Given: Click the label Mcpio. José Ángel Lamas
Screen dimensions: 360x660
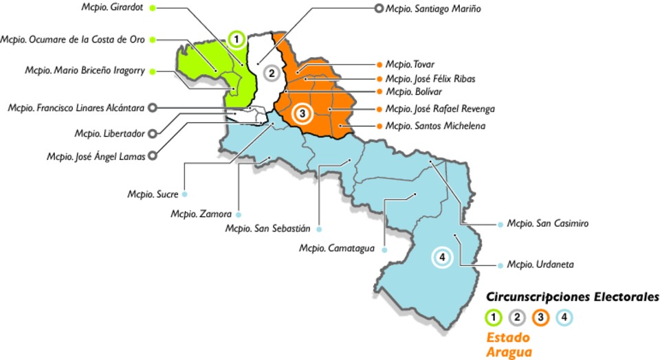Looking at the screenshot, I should pyautogui.click(x=96, y=157).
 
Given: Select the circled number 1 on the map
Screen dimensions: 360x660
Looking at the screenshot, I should pyautogui.click(x=236, y=39).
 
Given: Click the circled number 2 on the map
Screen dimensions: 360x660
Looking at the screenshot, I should pyautogui.click(x=272, y=73).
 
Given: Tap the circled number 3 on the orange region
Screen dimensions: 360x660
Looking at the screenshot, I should pyautogui.click(x=302, y=112).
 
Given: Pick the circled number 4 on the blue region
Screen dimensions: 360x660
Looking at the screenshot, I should pyautogui.click(x=442, y=257).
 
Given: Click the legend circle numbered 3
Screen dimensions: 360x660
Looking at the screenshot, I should pyautogui.click(x=540, y=317).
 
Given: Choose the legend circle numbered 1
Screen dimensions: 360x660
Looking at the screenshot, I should pyautogui.click(x=494, y=317).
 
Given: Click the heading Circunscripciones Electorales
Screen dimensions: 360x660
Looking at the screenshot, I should pyautogui.click(x=572, y=297).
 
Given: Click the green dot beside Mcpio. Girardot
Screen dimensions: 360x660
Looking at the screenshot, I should pyautogui.click(x=152, y=8).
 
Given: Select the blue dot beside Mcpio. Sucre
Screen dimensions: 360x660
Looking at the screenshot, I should pyautogui.click(x=185, y=194).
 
